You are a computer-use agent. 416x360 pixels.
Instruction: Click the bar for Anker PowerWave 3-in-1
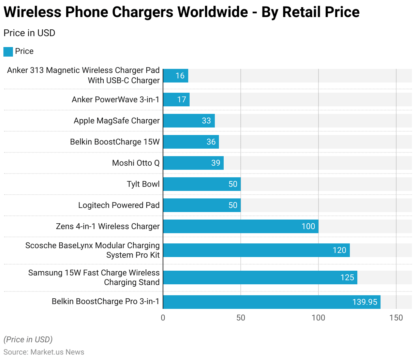pyautogui.click(x=176, y=100)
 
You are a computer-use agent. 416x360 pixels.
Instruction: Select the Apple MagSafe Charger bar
pyautogui.click(x=189, y=121)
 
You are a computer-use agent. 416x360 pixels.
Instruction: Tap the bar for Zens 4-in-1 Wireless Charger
pyautogui.click(x=240, y=226)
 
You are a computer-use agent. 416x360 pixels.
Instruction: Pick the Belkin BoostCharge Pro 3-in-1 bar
pyautogui.click(x=271, y=302)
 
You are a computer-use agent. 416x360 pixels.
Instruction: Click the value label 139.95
pyautogui.click(x=365, y=302)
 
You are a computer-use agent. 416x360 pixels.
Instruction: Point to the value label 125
pyautogui.click(x=347, y=277)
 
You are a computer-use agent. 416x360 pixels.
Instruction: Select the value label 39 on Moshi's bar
pyautogui.click(x=216, y=163)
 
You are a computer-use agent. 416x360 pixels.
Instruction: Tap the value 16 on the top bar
pyautogui.click(x=180, y=76)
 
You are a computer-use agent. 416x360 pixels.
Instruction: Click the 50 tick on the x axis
pyautogui.click(x=241, y=318)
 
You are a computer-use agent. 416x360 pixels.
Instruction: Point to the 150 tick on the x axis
pyautogui.click(x=396, y=318)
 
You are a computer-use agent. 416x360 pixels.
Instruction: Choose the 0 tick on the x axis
pyautogui.click(x=163, y=318)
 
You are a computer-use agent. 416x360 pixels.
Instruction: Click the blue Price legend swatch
pyautogui.click(x=8, y=51)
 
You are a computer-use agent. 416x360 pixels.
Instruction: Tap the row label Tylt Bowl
pyautogui.click(x=143, y=184)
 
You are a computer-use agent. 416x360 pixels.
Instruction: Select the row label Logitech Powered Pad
pyautogui.click(x=119, y=205)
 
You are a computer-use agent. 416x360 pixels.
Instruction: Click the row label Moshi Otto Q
pyautogui.click(x=136, y=163)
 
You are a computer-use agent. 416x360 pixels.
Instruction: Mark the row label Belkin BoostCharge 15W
pyautogui.click(x=115, y=142)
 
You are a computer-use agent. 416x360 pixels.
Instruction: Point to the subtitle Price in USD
pyautogui.click(x=29, y=33)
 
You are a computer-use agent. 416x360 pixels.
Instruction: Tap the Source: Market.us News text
pyautogui.click(x=44, y=352)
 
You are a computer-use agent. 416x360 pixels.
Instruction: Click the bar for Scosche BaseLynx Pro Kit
pyautogui.click(x=256, y=250)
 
